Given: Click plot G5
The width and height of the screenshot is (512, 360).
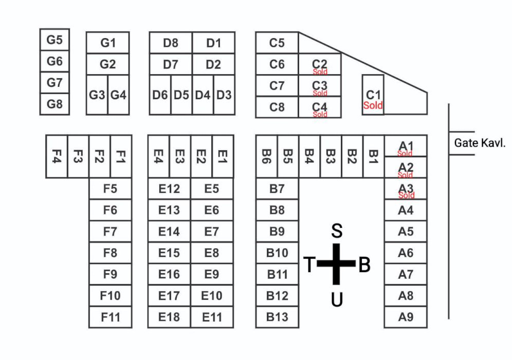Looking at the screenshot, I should tap(54, 40).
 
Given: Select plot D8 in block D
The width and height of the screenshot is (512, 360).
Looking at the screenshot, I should tap(171, 43).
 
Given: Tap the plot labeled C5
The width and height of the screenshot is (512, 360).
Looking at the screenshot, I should tap(277, 43).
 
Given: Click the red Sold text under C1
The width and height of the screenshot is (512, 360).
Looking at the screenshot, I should tap(373, 105).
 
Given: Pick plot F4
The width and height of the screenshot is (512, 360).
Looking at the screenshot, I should tap(57, 156).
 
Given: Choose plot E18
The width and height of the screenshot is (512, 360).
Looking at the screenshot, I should tap(169, 317).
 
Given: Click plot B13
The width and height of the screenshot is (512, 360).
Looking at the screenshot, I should tap(277, 317).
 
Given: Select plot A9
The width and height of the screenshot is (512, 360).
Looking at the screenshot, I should tap(406, 317).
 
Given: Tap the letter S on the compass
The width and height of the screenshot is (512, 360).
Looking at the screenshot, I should tap(337, 231).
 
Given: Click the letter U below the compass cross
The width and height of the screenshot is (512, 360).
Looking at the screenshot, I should tap(337, 299).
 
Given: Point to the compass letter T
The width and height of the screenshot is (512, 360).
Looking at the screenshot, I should tap(309, 265).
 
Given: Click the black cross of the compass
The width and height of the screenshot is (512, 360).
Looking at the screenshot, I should tap(336, 264).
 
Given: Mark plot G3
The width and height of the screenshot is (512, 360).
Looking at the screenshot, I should tap(97, 95).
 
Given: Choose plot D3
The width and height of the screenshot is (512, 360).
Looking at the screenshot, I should tap(224, 95).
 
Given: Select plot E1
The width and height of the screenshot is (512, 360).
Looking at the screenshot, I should tap(223, 156).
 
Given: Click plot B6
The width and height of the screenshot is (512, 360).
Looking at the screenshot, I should tap(266, 156).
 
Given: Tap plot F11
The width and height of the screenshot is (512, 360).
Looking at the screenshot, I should tap(110, 317).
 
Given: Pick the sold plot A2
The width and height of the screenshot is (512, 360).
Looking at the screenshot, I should tap(406, 168).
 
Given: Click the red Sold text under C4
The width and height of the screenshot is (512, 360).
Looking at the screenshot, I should tap(320, 114).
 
